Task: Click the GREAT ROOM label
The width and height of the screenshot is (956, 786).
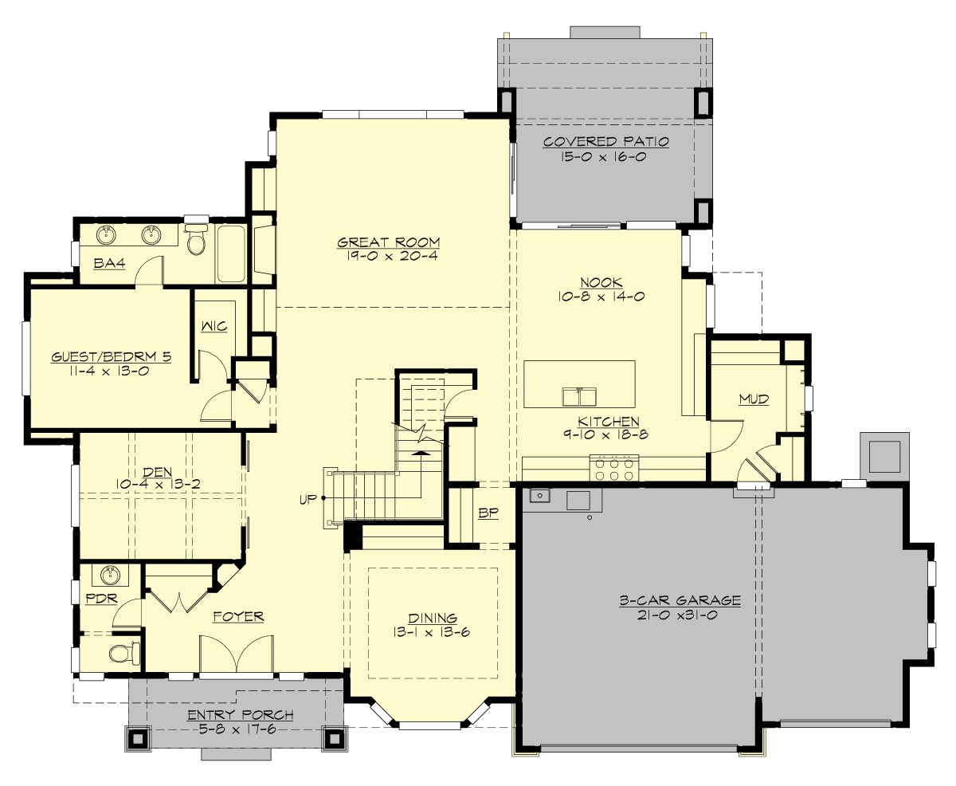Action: [388, 242]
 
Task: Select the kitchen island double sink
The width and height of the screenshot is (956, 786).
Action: [579, 395]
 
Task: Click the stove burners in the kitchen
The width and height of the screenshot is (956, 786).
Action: [614, 466]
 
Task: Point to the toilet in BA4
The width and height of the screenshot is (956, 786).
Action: [196, 240]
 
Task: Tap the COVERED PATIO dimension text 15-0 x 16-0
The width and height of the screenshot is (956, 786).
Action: [605, 157]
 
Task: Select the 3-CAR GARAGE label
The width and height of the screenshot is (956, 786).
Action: [680, 600]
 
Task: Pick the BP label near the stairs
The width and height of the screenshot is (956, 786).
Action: [488, 513]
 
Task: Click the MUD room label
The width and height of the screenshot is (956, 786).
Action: [753, 399]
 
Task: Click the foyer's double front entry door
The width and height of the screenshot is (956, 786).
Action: [237, 655]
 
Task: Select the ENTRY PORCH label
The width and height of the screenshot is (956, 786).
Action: [240, 714]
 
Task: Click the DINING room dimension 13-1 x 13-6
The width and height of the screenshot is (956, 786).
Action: [432, 632]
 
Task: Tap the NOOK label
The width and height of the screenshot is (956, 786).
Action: [601, 281]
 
